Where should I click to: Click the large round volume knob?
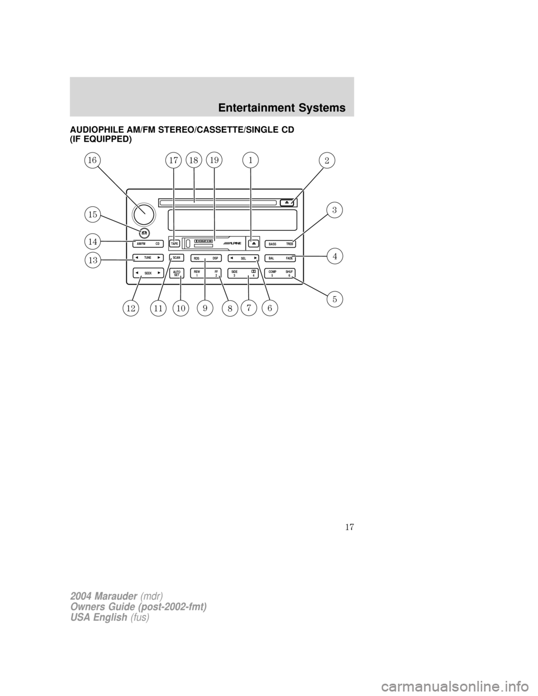tap(143, 214)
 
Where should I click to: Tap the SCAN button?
tap(177, 258)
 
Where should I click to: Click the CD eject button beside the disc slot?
tap(286, 202)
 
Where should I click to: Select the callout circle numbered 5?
tap(335, 299)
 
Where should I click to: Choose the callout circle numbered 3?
tap(334, 210)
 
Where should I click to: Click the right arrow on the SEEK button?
tap(159, 273)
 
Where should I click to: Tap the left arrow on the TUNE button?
tap(136, 258)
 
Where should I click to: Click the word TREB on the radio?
tap(289, 244)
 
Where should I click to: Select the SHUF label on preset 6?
tap(289, 272)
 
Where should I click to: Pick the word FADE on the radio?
tap(289, 258)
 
